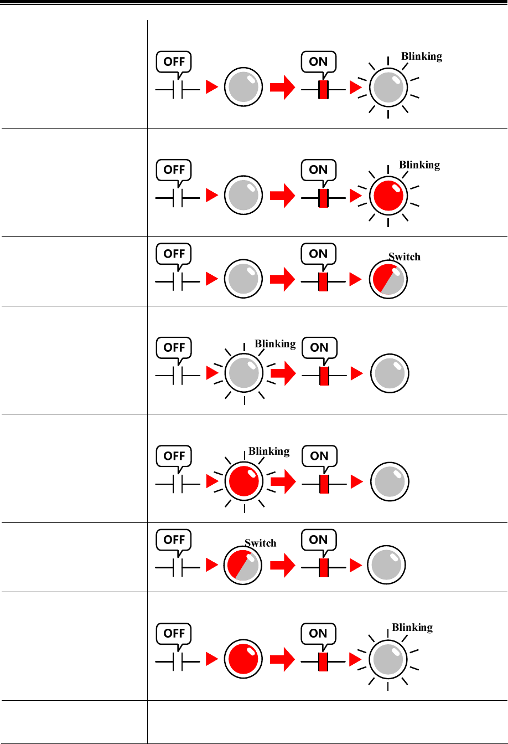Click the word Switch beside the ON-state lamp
pyautogui.click(x=404, y=257)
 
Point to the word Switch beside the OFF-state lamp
pyautogui.click(x=260, y=543)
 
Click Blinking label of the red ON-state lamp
pyautogui.click(x=419, y=165)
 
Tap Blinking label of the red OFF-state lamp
pyautogui.click(x=269, y=451)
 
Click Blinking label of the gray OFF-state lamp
pyautogui.click(x=274, y=344)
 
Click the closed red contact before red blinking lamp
pyautogui.click(x=323, y=197)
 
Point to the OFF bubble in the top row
pyautogui.click(x=174, y=61)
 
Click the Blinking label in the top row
pyautogui.click(x=421, y=57)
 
